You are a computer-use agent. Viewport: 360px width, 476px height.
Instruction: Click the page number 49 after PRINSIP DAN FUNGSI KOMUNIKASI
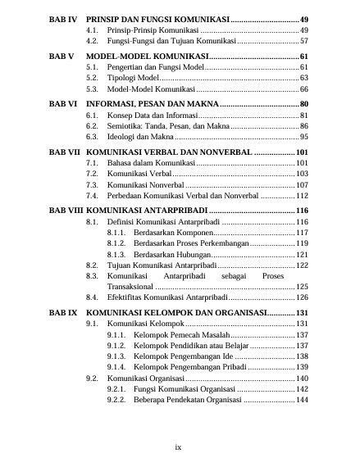pyautogui.click(x=303, y=17)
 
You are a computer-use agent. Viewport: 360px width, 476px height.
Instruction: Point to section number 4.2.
pyautogui.click(x=92, y=39)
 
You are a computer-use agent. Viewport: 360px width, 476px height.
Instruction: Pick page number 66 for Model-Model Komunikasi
pyautogui.click(x=303, y=88)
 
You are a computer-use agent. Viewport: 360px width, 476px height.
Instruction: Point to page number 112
pyautogui.click(x=301, y=197)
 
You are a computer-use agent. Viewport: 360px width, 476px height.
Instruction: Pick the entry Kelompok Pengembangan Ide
pyautogui.click(x=183, y=356)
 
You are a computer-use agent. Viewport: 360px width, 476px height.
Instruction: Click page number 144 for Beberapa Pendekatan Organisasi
pyautogui.click(x=301, y=400)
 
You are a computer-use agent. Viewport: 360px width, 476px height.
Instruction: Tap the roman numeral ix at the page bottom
pyautogui.click(x=179, y=447)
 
